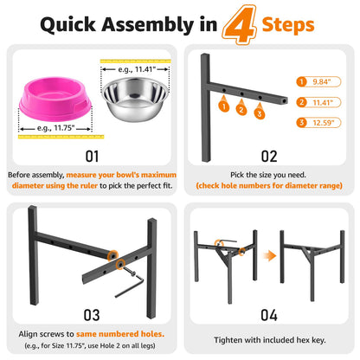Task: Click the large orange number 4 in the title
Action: coord(240,25)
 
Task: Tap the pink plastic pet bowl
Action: coord(55,99)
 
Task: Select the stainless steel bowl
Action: coord(135,100)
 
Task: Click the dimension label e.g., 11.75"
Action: coord(56,128)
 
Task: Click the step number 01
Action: coord(92,157)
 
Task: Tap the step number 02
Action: coord(269,157)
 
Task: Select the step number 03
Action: coord(92,315)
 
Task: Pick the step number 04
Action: coord(269,315)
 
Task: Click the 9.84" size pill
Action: coord(318,82)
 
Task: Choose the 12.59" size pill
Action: coord(318,123)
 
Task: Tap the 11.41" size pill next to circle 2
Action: coord(318,102)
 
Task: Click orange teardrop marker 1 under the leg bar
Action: coord(224,105)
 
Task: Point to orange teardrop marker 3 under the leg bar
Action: coord(260,112)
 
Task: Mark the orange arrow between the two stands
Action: coord(270,255)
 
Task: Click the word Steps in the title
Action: coord(288,25)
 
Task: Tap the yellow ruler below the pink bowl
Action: coord(61,137)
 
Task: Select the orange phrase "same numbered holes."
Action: coord(120,334)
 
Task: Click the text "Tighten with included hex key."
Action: coord(270,340)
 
